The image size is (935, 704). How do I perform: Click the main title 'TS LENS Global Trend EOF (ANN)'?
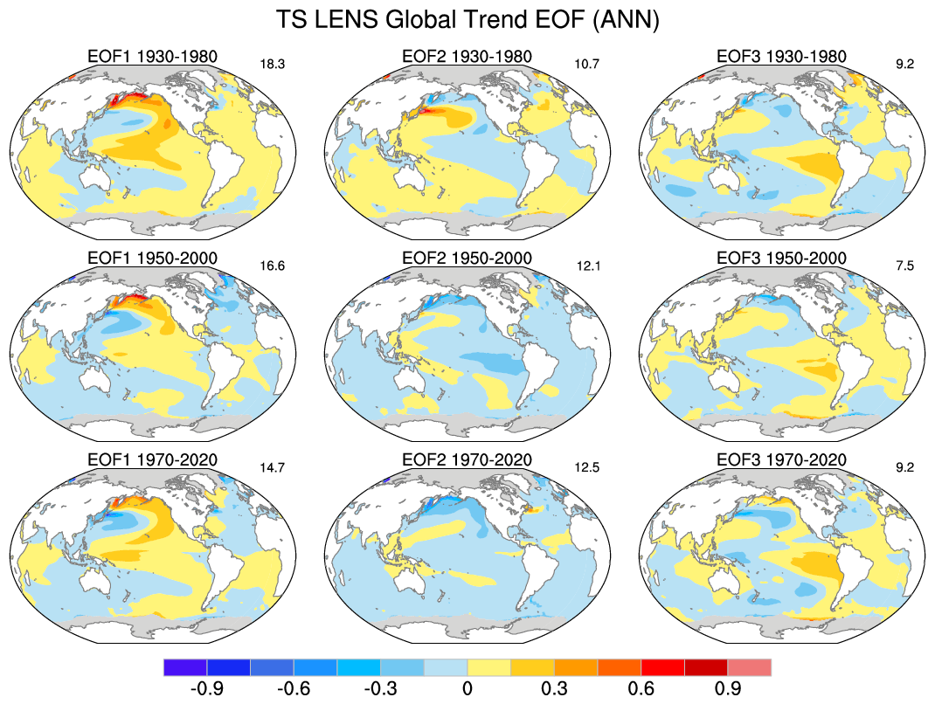(467, 19)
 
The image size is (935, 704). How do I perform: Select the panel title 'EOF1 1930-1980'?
(153, 57)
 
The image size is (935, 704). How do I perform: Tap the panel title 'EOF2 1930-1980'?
(467, 57)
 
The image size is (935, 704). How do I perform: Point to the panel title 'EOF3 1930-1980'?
(781, 57)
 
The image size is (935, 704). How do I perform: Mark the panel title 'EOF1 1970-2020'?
(153, 459)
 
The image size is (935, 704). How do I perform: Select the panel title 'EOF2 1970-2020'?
(467, 459)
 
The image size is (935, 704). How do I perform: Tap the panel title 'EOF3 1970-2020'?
(781, 459)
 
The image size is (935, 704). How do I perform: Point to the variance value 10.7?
(587, 64)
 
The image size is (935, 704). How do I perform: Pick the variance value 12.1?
(587, 266)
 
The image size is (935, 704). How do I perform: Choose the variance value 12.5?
(587, 466)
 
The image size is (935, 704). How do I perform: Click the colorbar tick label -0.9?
(206, 689)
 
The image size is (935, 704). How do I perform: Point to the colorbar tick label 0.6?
(641, 689)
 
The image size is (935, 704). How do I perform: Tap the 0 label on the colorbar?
(467, 689)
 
